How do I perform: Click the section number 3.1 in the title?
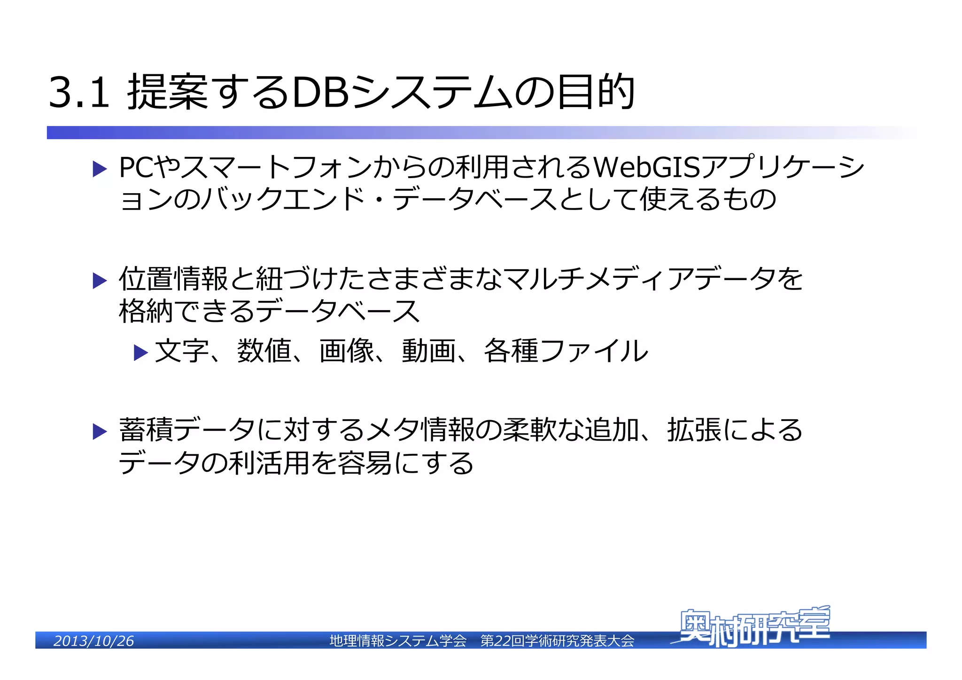tap(79, 92)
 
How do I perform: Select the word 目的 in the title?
tap(596, 92)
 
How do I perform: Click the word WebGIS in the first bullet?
tap(647, 167)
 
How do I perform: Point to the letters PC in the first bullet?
tap(136, 167)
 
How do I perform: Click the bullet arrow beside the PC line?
tap(100, 169)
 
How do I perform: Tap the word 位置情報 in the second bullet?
tap(173, 279)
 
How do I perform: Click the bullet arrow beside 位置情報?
tap(100, 281)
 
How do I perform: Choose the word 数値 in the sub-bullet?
tap(264, 351)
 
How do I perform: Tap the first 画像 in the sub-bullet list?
tap(347, 351)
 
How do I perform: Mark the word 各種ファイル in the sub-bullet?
tap(566, 351)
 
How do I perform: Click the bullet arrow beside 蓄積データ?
tap(100, 431)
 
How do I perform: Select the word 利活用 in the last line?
tap(268, 463)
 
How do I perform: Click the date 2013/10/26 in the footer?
tap(93, 641)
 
